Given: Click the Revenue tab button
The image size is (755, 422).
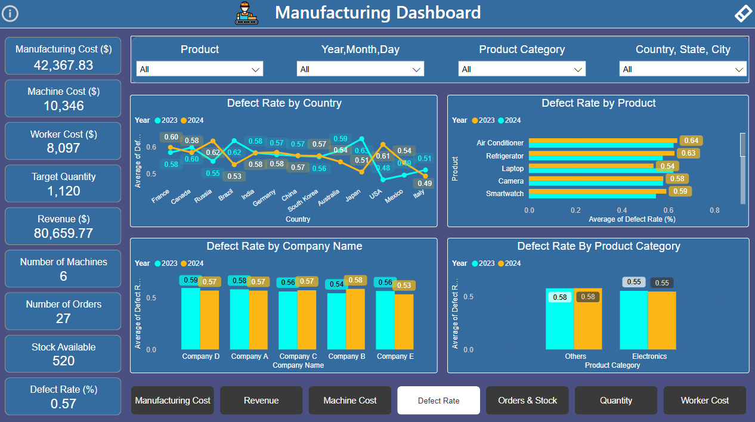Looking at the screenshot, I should coord(261,401).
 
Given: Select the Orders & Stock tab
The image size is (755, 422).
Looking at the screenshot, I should coord(527,401).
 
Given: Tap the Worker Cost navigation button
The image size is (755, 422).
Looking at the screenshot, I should coord(704,401).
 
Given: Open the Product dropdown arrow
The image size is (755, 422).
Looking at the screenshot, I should coord(256,70).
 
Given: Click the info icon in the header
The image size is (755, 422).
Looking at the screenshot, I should coord(10,14).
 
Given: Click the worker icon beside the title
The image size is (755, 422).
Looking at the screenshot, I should coord(247,13).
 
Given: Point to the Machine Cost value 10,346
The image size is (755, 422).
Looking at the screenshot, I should coord(63,106).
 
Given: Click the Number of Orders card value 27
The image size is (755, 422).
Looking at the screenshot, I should coord(63,318).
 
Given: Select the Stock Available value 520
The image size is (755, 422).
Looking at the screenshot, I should coord(63,361).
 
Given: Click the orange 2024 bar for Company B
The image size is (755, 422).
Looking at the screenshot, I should coord(355,319).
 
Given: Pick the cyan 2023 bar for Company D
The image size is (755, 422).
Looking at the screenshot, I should coord(190,319).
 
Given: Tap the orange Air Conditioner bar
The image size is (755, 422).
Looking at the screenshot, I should coord(602,141).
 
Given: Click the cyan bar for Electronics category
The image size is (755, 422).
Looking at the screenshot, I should coord(633,320).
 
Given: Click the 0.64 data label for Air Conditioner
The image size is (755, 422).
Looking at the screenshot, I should coord(691,141).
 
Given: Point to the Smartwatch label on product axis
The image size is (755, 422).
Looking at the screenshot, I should coord(505,194).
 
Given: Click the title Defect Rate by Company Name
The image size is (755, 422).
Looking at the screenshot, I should coord(284,246).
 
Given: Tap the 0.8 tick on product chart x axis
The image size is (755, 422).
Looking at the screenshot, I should coord(714,210).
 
